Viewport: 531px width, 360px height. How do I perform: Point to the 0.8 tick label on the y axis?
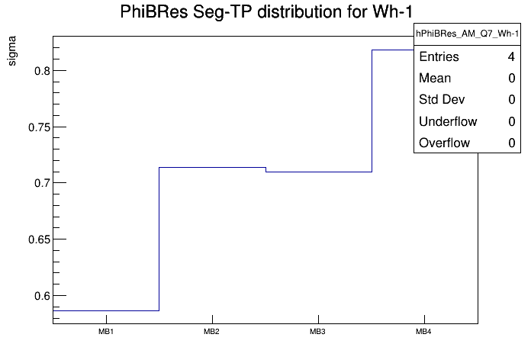[x=37, y=71]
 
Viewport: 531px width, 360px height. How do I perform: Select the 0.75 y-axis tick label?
[x=34, y=127]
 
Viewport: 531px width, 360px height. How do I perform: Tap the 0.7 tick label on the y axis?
[x=37, y=183]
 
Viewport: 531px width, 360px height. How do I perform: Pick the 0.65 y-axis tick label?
[x=34, y=239]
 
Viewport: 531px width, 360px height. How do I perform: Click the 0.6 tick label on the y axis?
[x=37, y=296]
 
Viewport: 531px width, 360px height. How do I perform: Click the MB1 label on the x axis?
[x=105, y=333]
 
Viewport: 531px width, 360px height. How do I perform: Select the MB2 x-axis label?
[x=211, y=333]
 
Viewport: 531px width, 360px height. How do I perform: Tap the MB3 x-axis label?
[x=317, y=333]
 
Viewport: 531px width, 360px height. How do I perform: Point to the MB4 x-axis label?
[x=423, y=333]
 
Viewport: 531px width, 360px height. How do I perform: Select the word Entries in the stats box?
[x=439, y=56]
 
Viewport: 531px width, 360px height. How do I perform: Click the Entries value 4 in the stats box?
[x=511, y=56]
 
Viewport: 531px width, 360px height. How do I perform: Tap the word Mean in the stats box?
[x=435, y=78]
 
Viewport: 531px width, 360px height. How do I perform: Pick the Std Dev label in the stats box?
[x=442, y=99]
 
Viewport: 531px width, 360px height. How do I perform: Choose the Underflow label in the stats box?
[x=448, y=121]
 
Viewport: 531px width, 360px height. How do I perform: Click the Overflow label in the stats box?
[x=444, y=143]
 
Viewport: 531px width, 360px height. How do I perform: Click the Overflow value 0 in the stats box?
[x=511, y=143]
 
